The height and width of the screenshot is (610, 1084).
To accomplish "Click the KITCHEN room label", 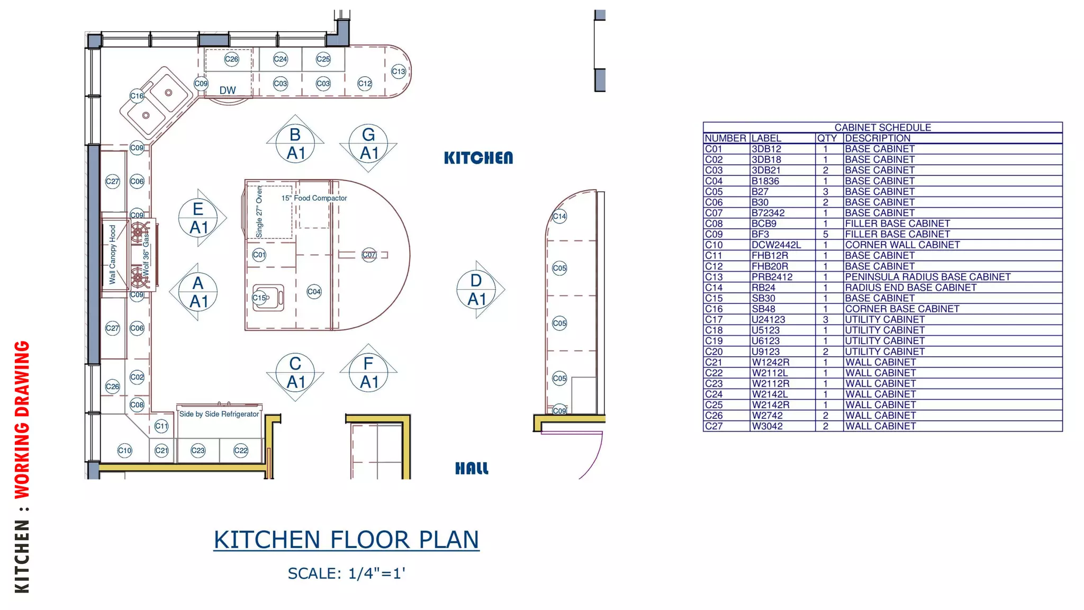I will (478, 158).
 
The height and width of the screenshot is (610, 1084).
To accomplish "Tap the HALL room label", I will (472, 468).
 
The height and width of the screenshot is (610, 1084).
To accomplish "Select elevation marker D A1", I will (476, 290).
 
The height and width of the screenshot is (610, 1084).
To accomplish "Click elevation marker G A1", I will (368, 143).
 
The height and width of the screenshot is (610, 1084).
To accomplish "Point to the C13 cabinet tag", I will (398, 71).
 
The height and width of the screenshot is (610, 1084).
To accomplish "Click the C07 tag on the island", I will (369, 255).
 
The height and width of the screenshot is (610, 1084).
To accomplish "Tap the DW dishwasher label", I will (228, 91).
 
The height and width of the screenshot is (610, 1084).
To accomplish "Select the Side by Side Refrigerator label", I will (219, 414).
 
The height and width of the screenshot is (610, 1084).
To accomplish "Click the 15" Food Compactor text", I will (314, 198).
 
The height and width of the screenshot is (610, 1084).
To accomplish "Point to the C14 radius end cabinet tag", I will (559, 216).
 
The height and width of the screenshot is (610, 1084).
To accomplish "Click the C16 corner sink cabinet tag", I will (137, 96).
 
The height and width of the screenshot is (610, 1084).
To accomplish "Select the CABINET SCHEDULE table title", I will (882, 128).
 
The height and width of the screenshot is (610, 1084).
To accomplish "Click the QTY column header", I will (827, 138).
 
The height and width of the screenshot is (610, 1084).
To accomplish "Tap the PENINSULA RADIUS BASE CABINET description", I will (927, 277).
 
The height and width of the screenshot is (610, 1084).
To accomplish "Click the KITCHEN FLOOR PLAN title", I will (346, 540).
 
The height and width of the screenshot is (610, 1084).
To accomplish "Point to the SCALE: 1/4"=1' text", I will (346, 573).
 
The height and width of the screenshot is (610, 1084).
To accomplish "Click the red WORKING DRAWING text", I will (22, 419).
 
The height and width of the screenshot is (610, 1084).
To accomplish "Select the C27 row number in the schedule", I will (713, 426).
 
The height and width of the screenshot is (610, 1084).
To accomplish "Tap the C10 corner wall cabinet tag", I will (124, 451).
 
